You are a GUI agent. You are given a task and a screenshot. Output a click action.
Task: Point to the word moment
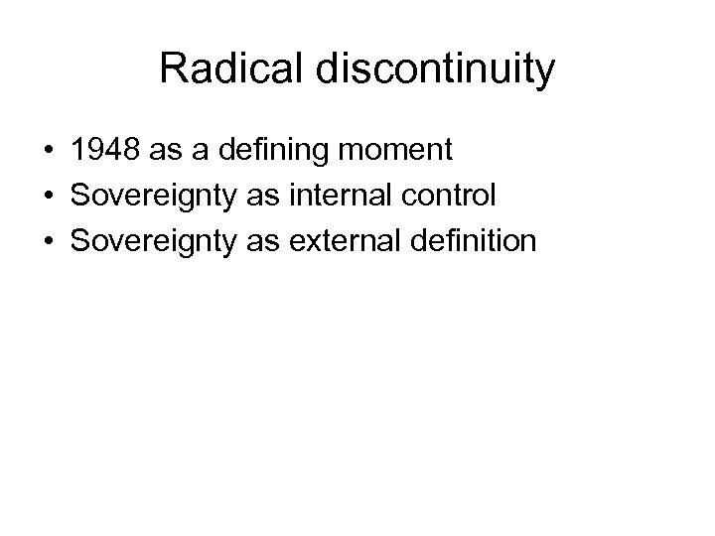pyautogui.click(x=401, y=152)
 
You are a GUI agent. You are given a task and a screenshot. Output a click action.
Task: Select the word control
pyautogui.click(x=447, y=197)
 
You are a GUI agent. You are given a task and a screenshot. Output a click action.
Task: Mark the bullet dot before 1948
pyautogui.click(x=48, y=152)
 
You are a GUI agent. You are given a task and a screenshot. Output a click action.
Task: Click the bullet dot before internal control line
pyautogui.click(x=48, y=197)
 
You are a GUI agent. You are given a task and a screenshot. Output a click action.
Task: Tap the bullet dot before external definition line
pyautogui.click(x=48, y=240)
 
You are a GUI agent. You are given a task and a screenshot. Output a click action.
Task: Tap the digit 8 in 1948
pyautogui.click(x=130, y=152)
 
